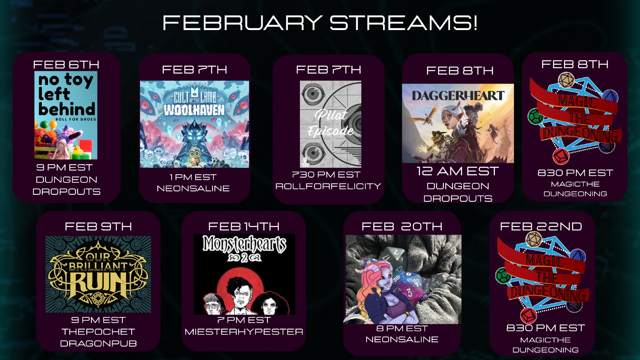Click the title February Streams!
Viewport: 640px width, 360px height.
coord(320,23)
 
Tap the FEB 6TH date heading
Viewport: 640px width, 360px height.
coord(66,65)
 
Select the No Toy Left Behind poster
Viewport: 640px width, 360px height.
coord(66,115)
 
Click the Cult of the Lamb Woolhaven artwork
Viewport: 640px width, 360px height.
coord(194,124)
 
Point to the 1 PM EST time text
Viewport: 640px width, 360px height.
coord(193,177)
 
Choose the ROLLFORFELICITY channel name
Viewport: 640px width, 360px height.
coord(328,186)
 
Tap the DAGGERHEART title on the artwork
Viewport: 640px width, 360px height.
coord(458,95)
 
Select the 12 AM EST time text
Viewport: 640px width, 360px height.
coord(458,171)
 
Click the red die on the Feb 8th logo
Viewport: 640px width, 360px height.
coord(561,156)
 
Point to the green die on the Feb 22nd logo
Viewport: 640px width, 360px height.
coord(503,275)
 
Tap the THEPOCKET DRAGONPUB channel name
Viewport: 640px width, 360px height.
coord(98,338)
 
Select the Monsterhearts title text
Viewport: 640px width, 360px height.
coord(244,244)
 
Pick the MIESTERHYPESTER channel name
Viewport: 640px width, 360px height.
coord(244,332)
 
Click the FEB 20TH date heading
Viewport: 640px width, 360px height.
coord(402,227)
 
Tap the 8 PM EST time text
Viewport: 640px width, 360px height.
coord(402,328)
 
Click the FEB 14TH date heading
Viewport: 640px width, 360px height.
coord(244,227)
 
